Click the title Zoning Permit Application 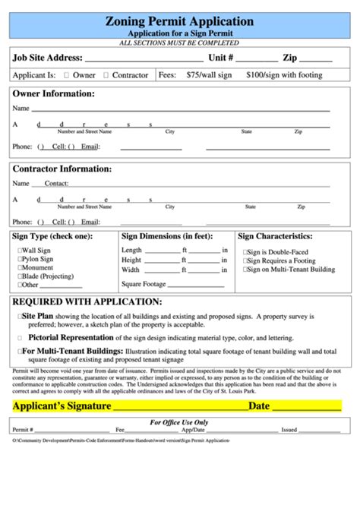[180, 21]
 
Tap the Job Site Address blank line [144, 58]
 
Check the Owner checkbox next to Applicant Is [67, 75]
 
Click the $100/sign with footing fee [284, 75]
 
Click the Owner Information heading [53, 93]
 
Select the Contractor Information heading [62, 169]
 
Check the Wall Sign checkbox [20, 250]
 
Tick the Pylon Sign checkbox [20, 259]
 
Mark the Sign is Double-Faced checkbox [245, 252]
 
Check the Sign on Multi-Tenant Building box [245, 269]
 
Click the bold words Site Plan [37, 315]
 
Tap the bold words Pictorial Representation [71, 336]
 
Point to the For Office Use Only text [179, 422]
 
